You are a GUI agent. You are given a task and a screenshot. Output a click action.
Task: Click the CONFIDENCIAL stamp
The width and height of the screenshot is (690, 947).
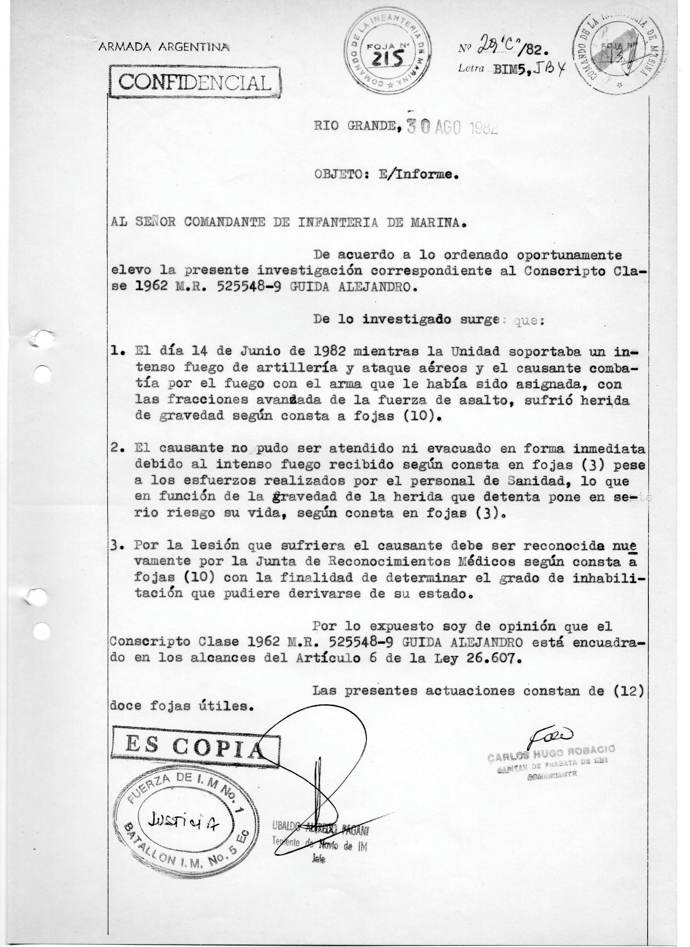pyautogui.click(x=195, y=83)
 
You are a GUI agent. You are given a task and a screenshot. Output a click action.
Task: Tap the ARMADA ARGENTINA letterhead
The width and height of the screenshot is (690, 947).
pyautogui.click(x=163, y=47)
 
